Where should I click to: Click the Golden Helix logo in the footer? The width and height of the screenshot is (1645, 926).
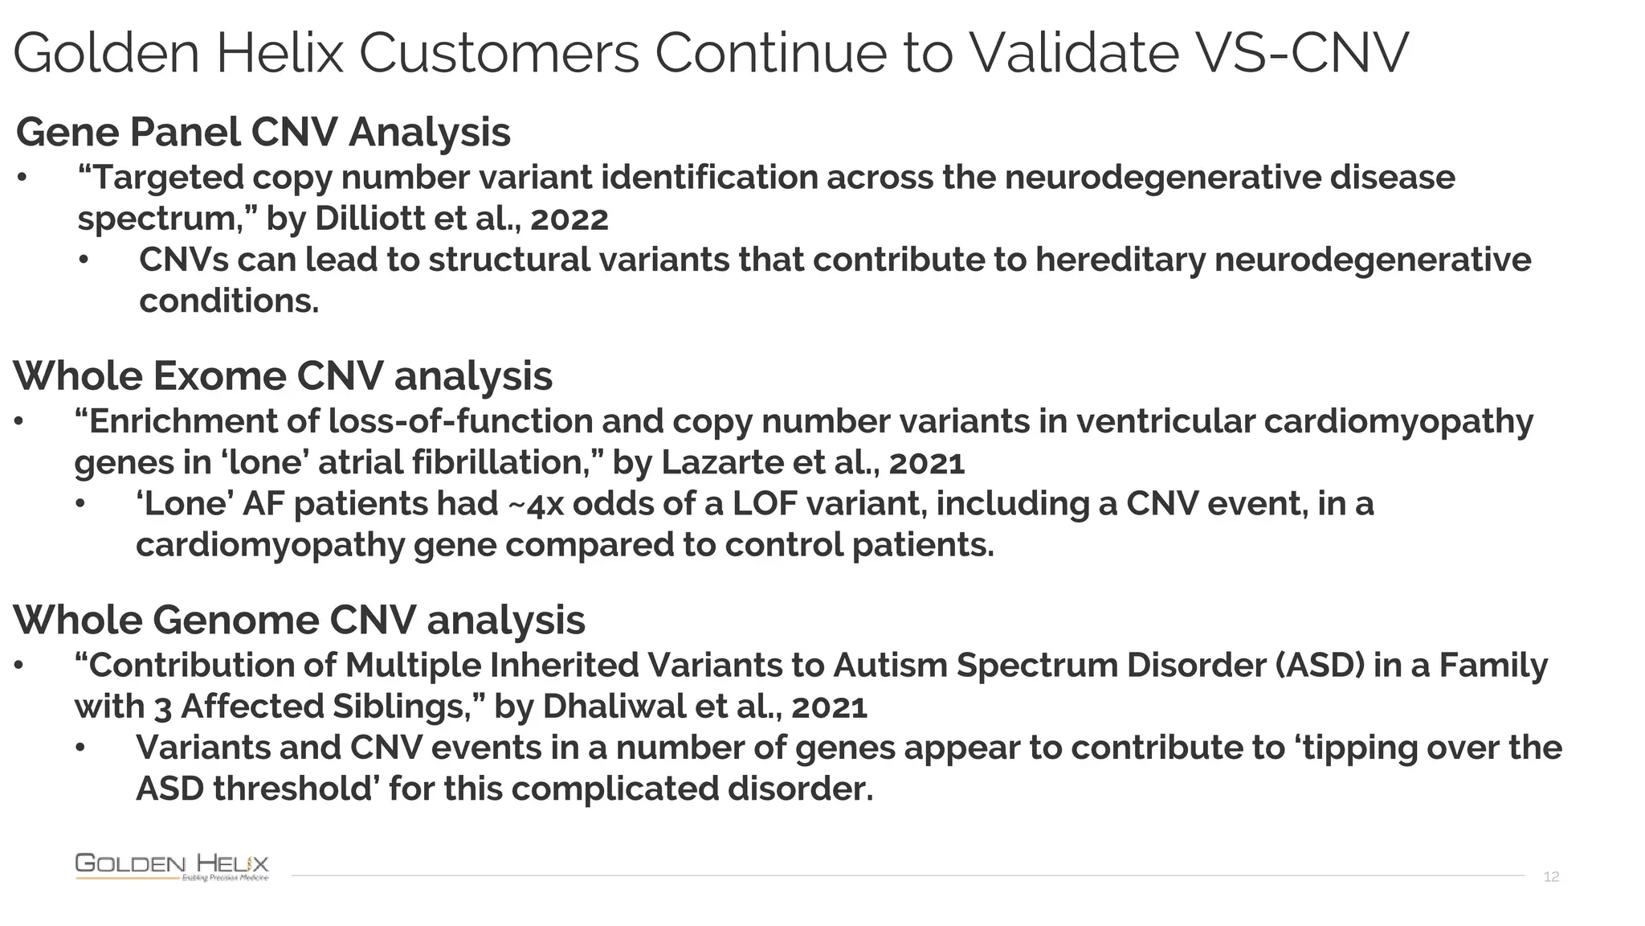click(172, 867)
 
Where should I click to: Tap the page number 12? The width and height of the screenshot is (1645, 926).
click(1551, 876)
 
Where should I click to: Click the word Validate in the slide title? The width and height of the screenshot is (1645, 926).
click(1073, 53)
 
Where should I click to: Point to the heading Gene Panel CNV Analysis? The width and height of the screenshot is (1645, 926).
click(263, 132)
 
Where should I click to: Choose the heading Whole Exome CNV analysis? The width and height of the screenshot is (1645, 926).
click(283, 376)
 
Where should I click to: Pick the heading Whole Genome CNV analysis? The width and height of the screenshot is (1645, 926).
click(299, 620)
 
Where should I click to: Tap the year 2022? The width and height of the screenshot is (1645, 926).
click(569, 219)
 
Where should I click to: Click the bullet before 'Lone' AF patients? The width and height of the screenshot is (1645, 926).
click(80, 505)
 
